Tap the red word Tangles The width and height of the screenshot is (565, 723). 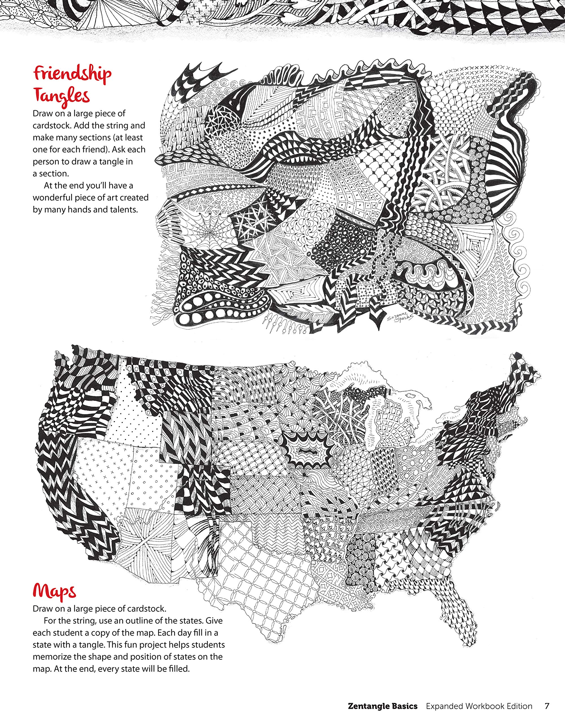(x=62, y=96)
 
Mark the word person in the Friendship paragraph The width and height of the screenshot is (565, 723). (x=46, y=162)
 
